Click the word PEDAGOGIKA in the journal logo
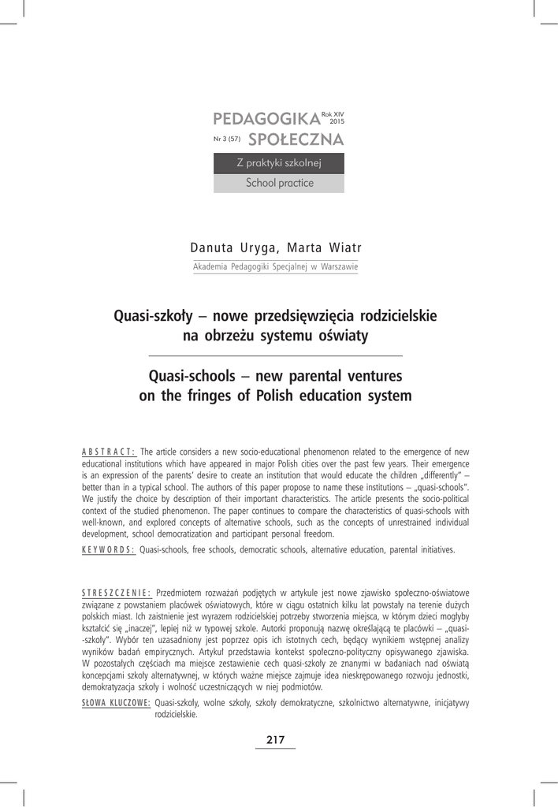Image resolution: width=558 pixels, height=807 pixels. click(266, 119)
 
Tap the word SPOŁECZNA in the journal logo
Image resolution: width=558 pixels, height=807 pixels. click(296, 140)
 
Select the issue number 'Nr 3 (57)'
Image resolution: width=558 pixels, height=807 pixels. click(226, 139)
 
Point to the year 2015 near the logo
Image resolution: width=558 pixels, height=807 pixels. click(337, 122)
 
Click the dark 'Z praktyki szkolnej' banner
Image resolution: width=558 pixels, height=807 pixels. click(279, 163)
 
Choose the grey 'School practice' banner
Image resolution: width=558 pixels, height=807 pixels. click(279, 183)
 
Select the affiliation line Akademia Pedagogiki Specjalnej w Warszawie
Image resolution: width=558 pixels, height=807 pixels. click(276, 267)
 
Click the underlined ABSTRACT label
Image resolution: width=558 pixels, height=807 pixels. click(109, 452)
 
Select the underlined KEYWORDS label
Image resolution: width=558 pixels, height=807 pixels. click(109, 549)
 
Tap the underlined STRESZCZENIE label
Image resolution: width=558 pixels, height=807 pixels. click(117, 592)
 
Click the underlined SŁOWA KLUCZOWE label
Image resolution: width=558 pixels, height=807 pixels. click(116, 703)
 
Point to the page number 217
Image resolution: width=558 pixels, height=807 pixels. click(275, 739)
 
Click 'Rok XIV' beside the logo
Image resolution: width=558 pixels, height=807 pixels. click(333, 114)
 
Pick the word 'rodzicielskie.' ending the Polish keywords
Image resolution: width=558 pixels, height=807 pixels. click(177, 715)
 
